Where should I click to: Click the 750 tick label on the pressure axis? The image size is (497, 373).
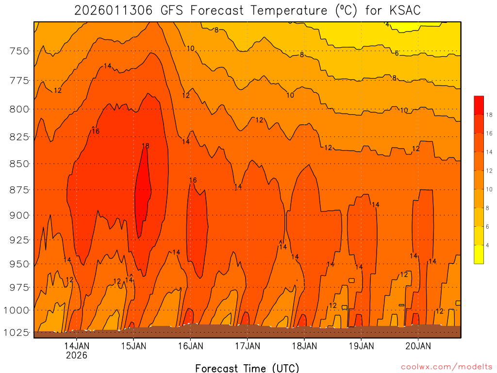19,51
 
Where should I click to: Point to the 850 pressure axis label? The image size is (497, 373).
19,164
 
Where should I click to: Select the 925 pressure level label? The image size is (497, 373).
19,240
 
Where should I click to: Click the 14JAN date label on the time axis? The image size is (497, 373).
77,346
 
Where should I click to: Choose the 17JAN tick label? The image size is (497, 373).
248,346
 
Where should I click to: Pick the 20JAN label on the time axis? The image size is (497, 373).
418,346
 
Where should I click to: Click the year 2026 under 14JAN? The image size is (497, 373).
77,355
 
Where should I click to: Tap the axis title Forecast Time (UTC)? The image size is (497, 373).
247,368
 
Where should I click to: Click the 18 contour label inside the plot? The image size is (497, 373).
146,146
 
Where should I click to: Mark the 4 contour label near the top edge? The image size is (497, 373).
387,24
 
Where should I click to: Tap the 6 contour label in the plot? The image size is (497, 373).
397,53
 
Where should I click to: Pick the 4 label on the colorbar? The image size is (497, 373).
487,245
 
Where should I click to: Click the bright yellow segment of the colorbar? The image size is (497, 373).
479,254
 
